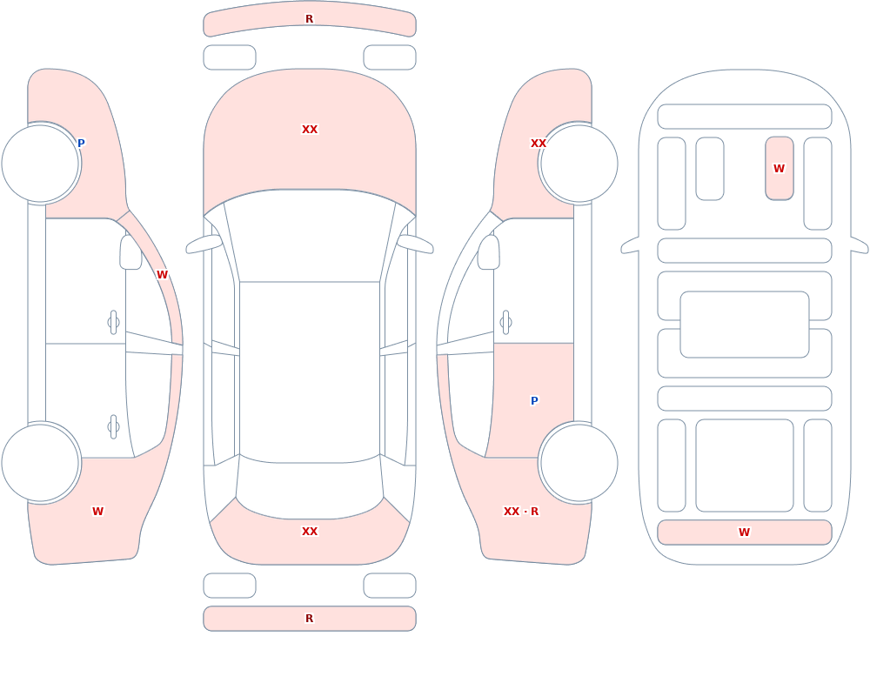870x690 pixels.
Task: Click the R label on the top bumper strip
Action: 309,19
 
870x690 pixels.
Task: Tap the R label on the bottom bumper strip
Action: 309,619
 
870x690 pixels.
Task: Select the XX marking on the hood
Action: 310,130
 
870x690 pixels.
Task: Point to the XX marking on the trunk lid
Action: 310,532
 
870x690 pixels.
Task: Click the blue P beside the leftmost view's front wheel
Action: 81,144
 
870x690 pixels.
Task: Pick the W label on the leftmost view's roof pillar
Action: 162,275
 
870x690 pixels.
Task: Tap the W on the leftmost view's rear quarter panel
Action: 97,512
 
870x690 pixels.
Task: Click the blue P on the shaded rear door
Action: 534,401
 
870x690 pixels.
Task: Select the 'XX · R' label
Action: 521,512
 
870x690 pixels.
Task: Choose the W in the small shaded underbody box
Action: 779,168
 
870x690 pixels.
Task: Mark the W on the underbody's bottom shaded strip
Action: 744,533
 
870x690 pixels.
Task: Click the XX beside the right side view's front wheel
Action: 539,144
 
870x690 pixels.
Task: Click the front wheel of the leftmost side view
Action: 41,164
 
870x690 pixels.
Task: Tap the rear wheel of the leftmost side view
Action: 41,463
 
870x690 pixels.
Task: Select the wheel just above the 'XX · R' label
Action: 579,463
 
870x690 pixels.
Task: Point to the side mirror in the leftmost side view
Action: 131,252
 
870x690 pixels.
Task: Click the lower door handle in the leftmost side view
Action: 114,427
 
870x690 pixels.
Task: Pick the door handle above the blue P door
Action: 505,323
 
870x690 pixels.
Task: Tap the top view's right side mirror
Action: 415,244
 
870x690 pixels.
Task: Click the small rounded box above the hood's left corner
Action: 230,57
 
